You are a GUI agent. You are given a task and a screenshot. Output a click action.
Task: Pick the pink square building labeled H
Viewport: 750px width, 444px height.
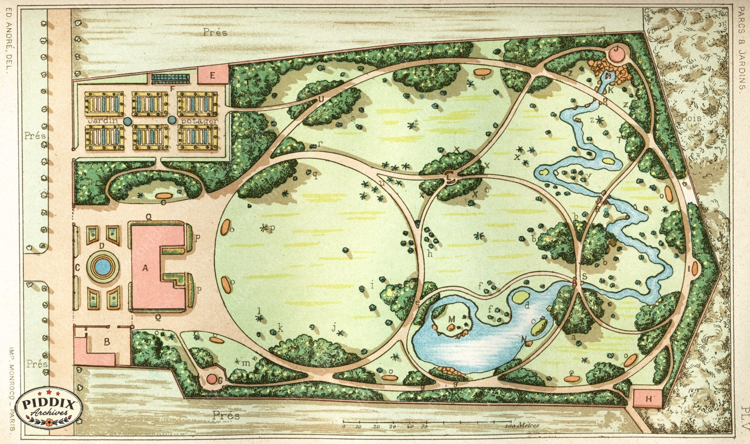[649, 398]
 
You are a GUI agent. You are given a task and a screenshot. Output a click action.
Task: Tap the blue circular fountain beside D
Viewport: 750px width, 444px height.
[102, 267]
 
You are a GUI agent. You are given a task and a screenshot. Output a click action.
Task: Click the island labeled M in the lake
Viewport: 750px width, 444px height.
[450, 321]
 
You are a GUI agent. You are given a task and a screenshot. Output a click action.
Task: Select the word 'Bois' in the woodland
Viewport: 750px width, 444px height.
[692, 118]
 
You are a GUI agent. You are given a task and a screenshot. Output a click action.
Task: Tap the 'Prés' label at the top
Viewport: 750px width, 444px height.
[215, 33]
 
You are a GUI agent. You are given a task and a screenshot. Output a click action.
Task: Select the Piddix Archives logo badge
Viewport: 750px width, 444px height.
[49, 408]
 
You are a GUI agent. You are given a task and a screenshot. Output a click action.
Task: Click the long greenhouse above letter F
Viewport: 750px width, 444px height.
[174, 78]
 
